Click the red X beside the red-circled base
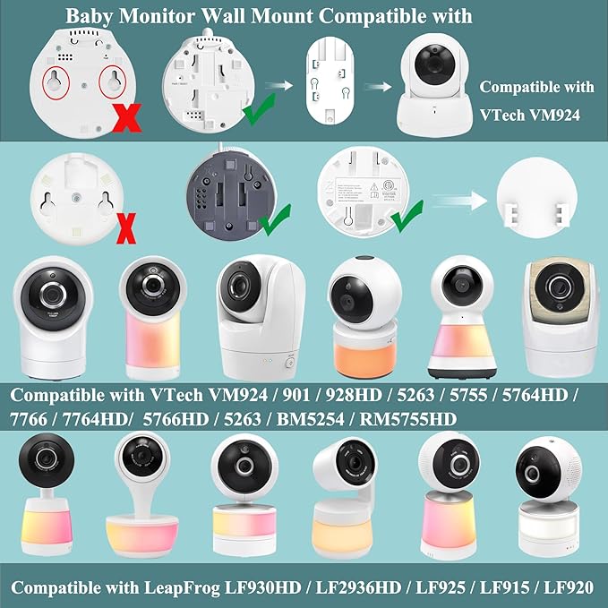(129, 116)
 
